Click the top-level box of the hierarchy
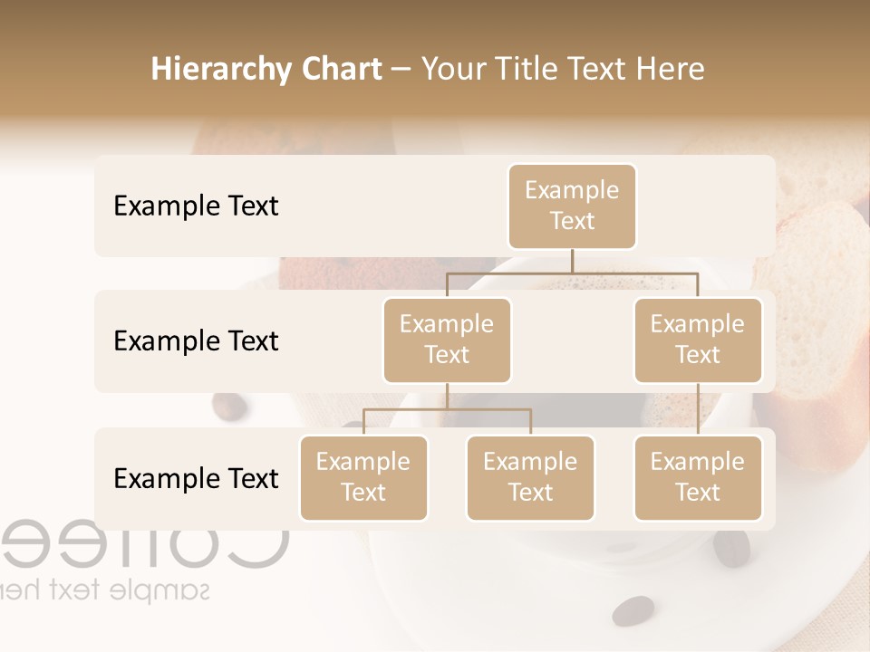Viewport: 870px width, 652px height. click(x=572, y=206)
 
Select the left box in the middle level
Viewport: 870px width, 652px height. click(x=447, y=340)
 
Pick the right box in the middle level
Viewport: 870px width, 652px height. click(x=698, y=340)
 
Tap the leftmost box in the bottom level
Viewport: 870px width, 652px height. click(x=363, y=478)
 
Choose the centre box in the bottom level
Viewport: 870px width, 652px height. click(x=530, y=478)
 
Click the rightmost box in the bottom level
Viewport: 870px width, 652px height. click(x=698, y=478)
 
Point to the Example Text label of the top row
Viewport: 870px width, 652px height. click(x=196, y=206)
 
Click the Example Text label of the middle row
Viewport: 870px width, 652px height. click(x=196, y=341)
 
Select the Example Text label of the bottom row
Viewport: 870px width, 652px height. click(x=196, y=479)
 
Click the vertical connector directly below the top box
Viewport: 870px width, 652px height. click(x=572, y=261)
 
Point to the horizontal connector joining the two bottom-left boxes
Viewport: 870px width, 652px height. click(x=447, y=409)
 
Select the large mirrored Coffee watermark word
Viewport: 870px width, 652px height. click(x=145, y=543)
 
